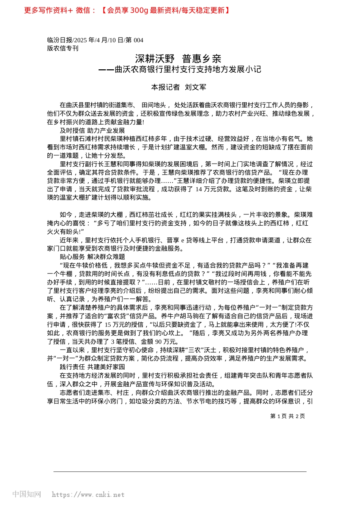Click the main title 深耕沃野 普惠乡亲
pyautogui.click(x=178, y=59)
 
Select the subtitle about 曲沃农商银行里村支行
pyautogui.click(x=180, y=69)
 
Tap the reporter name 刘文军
pyautogui.click(x=196, y=87)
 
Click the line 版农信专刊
pyautogui.click(x=63, y=48)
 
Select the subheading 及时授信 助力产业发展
pyautogui.click(x=92, y=131)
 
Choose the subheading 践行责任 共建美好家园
pyautogui.click(x=92, y=367)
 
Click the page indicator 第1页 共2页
pyautogui.click(x=287, y=416)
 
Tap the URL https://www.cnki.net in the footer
pyautogui.click(x=88, y=495)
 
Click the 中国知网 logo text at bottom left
pyautogui.click(x=27, y=494)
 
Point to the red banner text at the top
pyautogui.click(x=127, y=10)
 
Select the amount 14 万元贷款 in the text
pyautogui.click(x=212, y=189)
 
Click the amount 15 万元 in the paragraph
pyautogui.click(x=114, y=325)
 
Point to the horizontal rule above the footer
pyautogui.click(x=180, y=472)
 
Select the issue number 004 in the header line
pyautogui.click(x=138, y=40)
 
